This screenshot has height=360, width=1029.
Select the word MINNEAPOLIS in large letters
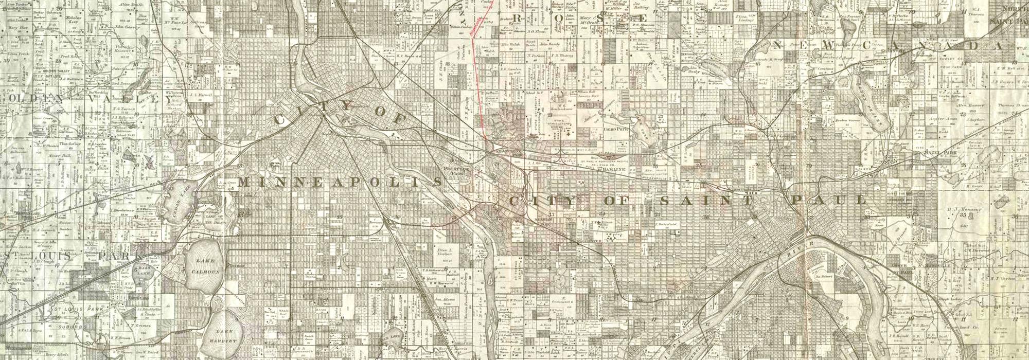click(x=340, y=183)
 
